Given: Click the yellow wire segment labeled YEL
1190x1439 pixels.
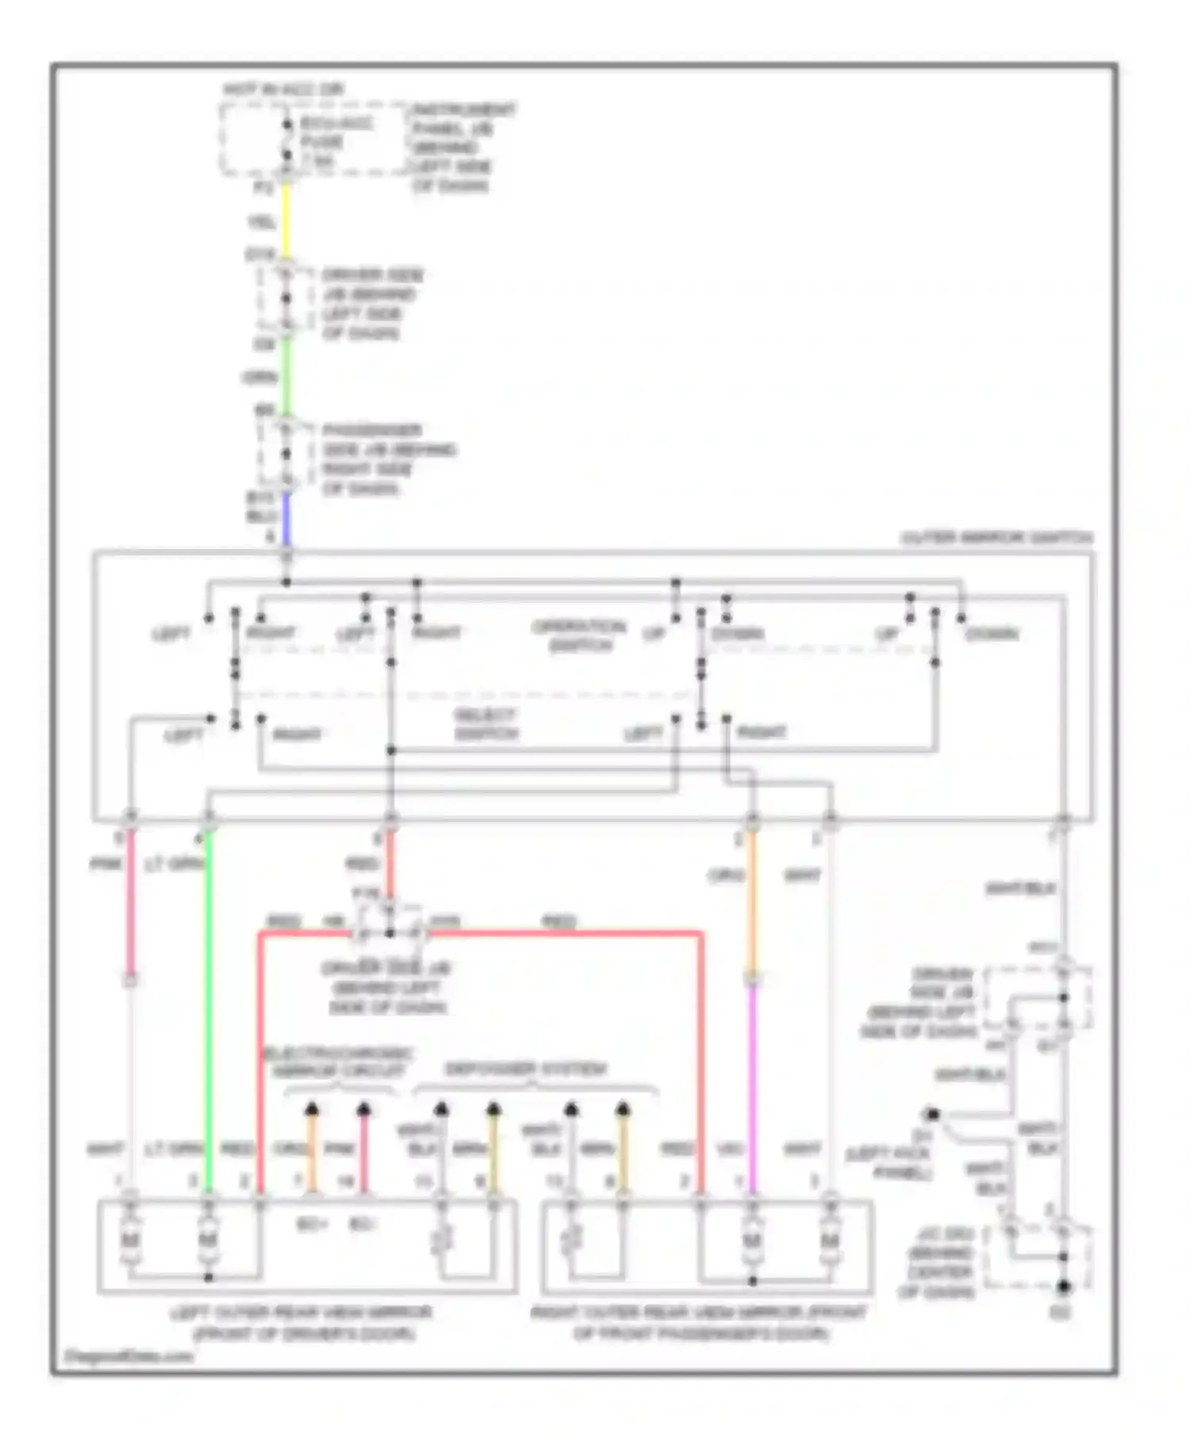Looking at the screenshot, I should pos(286,223).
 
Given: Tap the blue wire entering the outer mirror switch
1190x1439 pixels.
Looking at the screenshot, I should pos(286,520).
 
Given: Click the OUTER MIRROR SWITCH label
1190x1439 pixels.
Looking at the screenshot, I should pos(996,538).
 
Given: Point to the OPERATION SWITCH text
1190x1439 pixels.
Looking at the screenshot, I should pos(580,635).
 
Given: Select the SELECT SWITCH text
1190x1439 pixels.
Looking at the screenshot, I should pos(486,724).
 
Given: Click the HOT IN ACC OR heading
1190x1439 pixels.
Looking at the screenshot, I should pos(283,90).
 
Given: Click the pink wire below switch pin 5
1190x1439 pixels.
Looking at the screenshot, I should pos(130,904).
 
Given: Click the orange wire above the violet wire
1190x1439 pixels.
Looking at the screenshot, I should pos(753,904).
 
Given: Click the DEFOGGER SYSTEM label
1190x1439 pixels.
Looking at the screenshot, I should pos(525,1069).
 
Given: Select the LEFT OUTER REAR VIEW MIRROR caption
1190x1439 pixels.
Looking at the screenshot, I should pos(301,1322).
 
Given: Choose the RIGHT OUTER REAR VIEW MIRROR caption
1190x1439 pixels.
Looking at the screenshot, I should pos(698,1322).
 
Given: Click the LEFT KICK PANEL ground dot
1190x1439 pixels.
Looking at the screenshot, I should pos(933,1114).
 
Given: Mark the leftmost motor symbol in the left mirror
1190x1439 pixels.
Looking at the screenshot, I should pos(129,1240).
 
